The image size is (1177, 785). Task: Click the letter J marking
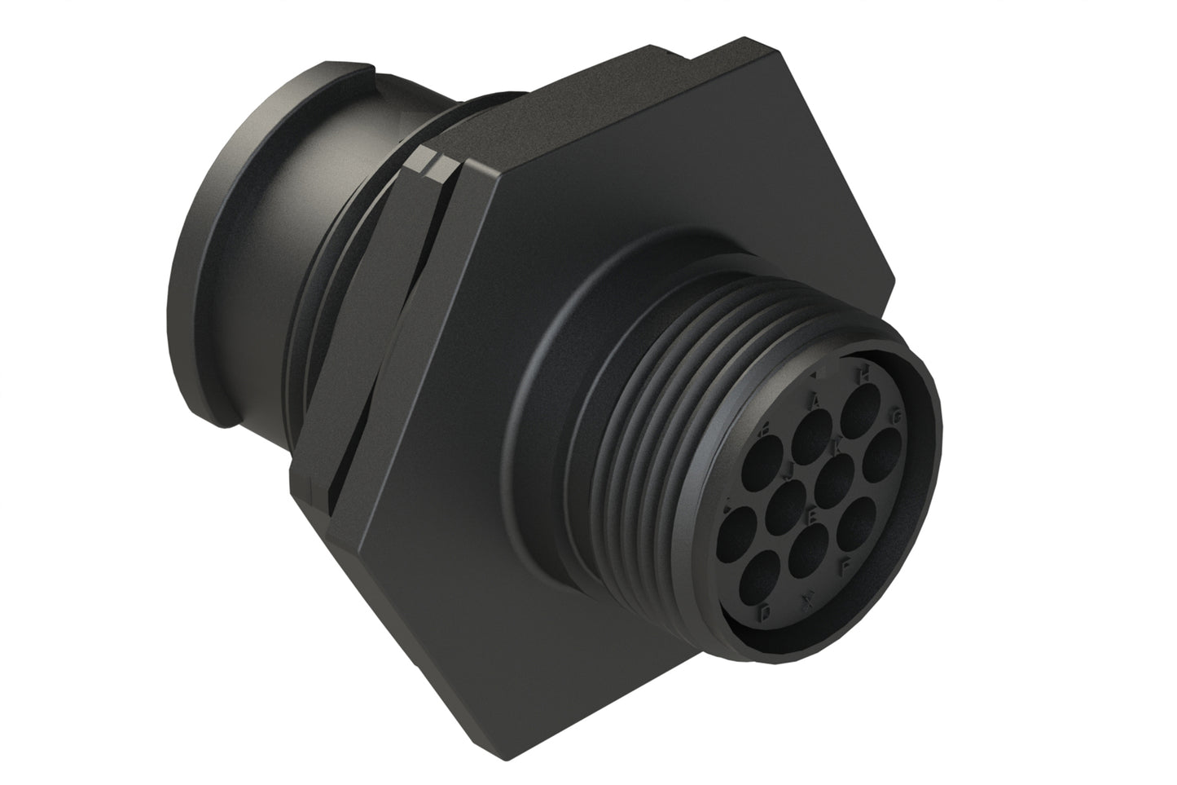[788, 470]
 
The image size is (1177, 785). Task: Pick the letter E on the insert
[811, 516]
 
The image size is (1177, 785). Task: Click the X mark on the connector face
[808, 601]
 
